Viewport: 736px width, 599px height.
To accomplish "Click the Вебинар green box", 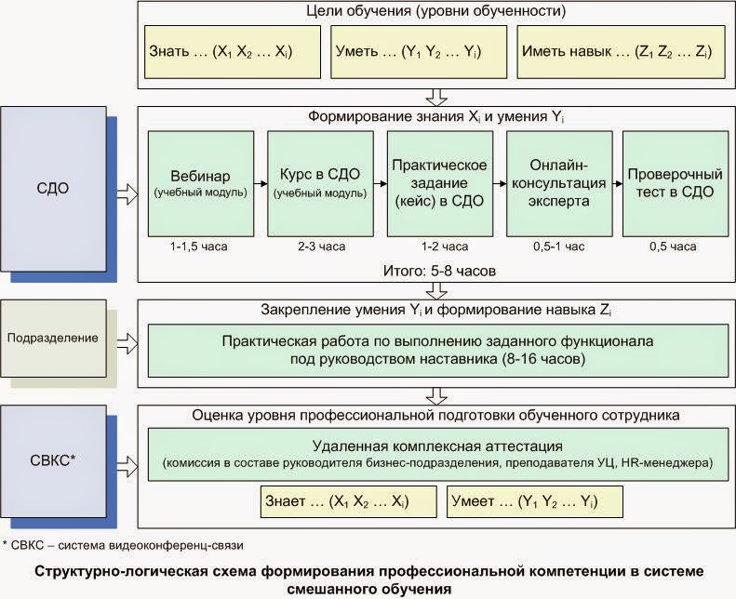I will pos(200,183).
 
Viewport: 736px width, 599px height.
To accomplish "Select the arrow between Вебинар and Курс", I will pos(261,183).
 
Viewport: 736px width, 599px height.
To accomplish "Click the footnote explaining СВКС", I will pos(127,544).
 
